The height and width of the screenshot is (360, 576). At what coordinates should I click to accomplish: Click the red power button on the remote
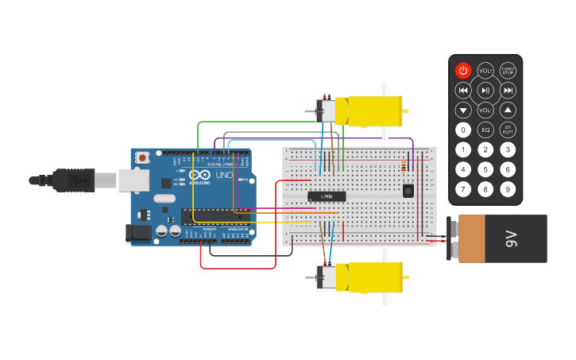(x=463, y=71)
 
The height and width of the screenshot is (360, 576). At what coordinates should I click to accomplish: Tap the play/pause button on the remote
(x=485, y=91)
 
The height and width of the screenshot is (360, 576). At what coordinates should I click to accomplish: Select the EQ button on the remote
(x=485, y=130)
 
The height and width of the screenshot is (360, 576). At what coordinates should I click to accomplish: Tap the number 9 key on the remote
(x=508, y=189)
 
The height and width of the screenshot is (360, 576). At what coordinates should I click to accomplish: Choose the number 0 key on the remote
(x=463, y=130)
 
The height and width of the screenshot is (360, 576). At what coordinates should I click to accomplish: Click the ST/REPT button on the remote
(x=508, y=130)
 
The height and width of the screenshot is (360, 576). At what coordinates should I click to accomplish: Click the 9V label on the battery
(x=512, y=238)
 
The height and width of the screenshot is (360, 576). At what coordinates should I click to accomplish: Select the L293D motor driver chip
(x=327, y=196)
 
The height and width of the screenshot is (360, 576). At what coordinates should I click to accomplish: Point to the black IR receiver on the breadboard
(x=408, y=191)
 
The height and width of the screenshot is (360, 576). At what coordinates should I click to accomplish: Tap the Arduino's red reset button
(x=142, y=157)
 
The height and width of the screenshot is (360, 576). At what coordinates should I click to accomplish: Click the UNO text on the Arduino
(x=224, y=175)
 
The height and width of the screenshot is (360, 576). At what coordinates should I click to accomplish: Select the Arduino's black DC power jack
(x=138, y=234)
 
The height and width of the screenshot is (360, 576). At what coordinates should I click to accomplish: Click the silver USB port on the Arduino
(x=133, y=180)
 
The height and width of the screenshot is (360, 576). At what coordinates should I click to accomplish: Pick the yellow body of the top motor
(x=369, y=110)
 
